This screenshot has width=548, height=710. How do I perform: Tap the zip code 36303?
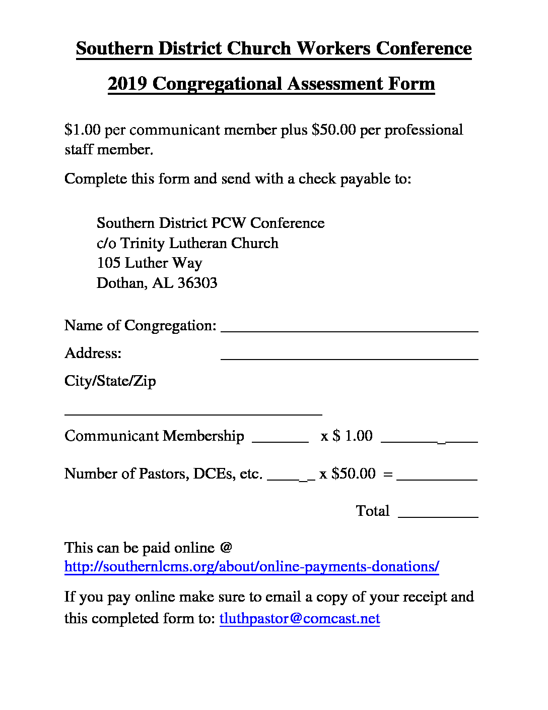[197, 283]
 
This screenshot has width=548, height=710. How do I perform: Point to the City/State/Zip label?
[110, 381]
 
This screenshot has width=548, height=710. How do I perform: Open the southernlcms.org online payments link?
[252, 567]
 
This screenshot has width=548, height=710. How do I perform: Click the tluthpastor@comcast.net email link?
[300, 619]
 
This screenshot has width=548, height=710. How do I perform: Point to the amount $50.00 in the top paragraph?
[334, 130]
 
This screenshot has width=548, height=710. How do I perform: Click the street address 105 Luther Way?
[149, 263]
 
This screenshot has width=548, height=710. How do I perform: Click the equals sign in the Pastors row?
[388, 474]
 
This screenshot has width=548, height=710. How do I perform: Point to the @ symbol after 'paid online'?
[226, 548]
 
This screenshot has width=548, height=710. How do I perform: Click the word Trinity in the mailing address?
[143, 243]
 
